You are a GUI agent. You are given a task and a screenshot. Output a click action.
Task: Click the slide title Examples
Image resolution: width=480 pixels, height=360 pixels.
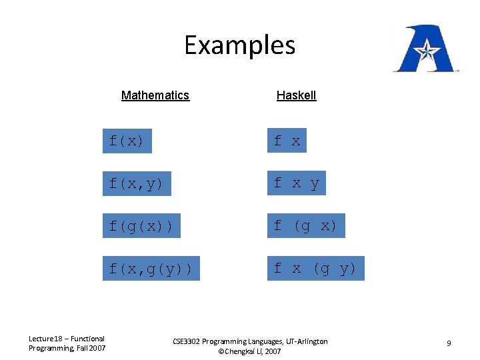(x=239, y=45)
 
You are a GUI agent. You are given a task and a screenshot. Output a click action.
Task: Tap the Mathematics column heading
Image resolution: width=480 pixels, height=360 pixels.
(x=155, y=95)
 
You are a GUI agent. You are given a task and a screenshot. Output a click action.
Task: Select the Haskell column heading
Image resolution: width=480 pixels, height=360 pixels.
(x=296, y=95)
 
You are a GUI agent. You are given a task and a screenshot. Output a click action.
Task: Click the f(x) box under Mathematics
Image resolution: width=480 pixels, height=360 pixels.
(x=127, y=141)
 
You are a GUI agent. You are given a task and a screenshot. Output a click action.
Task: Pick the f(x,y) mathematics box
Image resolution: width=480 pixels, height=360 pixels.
(x=136, y=183)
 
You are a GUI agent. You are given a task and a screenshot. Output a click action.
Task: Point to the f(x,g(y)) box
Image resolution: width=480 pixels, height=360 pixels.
(x=151, y=269)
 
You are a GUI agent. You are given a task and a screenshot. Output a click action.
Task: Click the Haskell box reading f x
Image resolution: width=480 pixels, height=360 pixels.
(x=287, y=141)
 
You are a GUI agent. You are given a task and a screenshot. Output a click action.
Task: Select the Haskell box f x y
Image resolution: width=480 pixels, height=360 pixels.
(x=296, y=183)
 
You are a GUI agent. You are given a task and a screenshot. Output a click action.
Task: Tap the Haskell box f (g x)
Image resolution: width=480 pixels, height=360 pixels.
(x=305, y=226)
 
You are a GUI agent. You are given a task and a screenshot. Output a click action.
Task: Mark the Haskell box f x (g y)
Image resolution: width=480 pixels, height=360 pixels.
(x=315, y=269)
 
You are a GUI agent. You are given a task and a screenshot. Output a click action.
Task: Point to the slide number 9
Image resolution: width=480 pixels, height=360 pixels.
(x=449, y=343)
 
